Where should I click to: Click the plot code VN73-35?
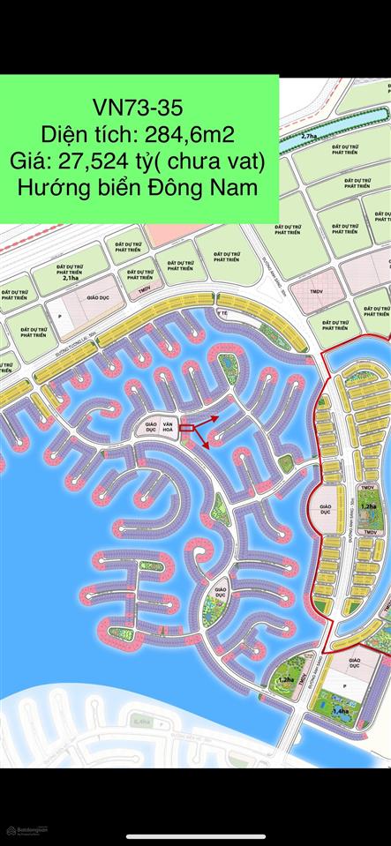click(x=139, y=108)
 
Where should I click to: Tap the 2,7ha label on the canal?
click(x=308, y=138)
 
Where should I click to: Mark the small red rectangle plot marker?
click(x=185, y=428)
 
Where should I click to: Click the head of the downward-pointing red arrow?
click(x=207, y=447)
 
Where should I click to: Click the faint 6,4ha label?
click(x=141, y=722)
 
